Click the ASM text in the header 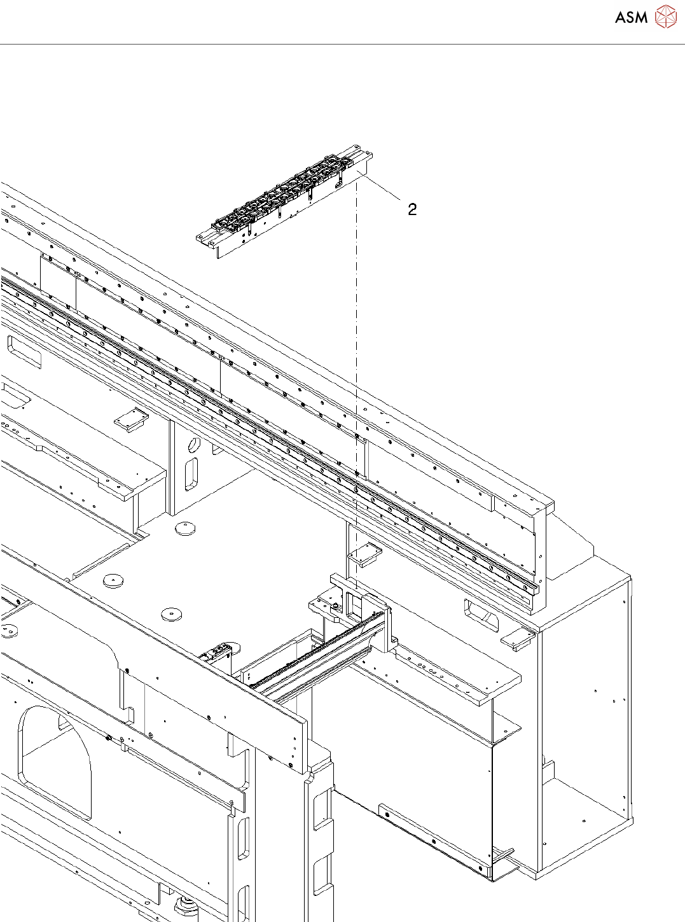631,18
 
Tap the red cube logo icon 665,17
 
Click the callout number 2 412,209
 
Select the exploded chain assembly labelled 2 284,203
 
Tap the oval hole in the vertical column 194,444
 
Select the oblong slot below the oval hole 190,475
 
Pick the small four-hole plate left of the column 131,417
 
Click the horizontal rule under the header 342,45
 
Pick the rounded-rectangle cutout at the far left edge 24,351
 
